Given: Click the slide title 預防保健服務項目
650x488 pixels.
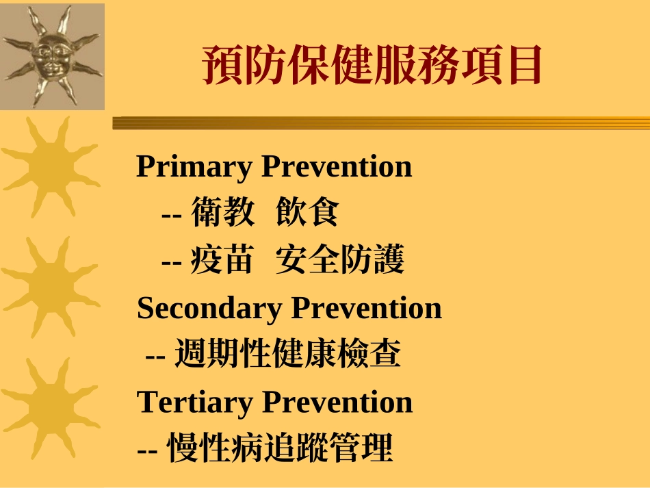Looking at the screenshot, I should point(372,65).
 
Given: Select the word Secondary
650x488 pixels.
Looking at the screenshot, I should point(210,309).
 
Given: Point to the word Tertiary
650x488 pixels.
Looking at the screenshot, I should point(195,402).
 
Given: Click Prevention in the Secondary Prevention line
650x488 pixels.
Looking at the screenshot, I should point(366,308).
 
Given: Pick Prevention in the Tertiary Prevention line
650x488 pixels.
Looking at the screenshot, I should point(337,402).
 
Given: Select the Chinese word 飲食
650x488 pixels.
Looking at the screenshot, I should point(307,213).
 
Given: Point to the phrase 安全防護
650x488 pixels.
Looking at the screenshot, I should point(340,261).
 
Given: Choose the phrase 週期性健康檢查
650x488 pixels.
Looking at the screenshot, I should point(287,355).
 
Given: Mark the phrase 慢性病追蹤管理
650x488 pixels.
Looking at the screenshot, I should point(281,448).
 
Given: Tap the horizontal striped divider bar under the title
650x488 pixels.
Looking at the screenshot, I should point(380,123).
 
